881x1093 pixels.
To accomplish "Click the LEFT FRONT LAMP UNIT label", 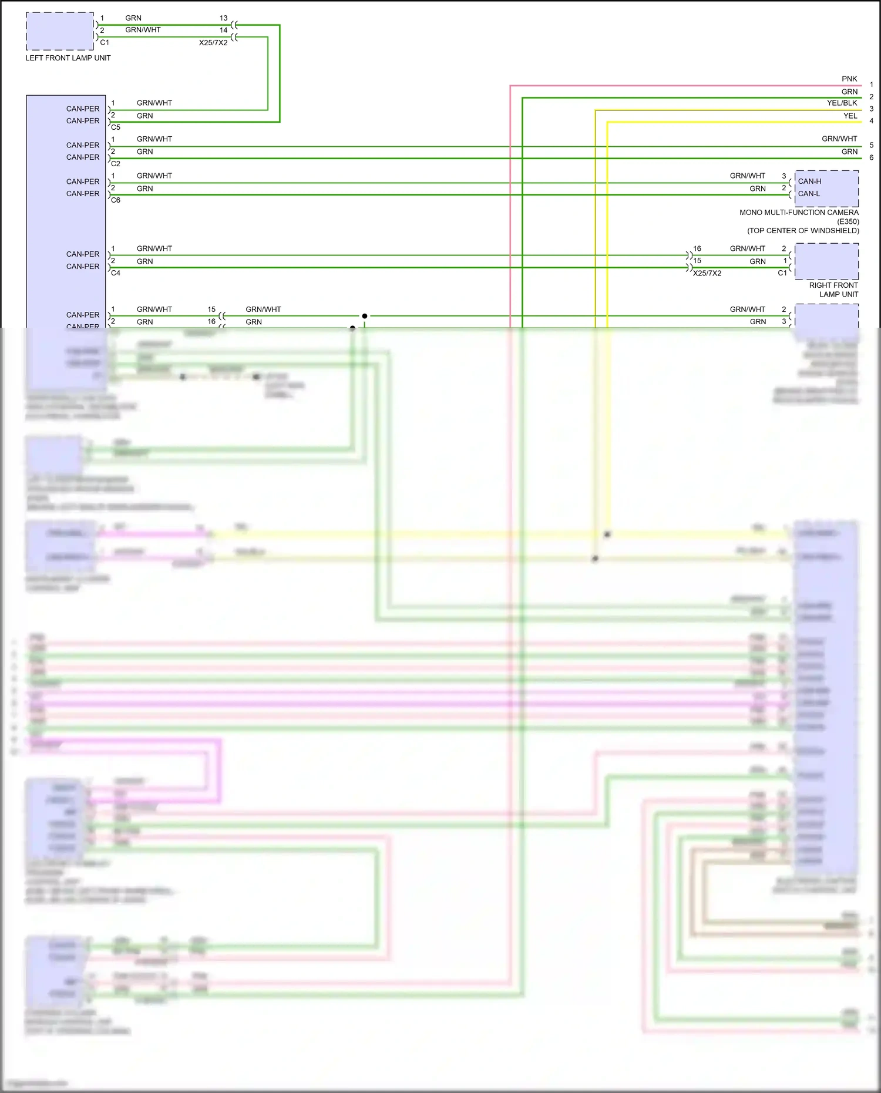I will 68,58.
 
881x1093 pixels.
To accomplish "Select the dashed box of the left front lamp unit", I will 59,31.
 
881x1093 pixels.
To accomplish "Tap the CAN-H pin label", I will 809,181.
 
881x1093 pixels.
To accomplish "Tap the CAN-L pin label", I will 809,194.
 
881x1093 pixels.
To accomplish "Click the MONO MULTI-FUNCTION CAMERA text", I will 799,213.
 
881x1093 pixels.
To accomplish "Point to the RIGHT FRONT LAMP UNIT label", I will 833,290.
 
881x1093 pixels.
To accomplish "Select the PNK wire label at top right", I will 849,79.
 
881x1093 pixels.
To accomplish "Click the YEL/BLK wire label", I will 842,103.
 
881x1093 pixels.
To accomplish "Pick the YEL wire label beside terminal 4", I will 850,116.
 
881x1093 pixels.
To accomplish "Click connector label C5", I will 116,127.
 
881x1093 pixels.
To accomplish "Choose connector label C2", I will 116,164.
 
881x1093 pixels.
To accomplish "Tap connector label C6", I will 116,200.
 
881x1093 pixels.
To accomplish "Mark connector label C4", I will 116,273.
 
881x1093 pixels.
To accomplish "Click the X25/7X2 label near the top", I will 213,43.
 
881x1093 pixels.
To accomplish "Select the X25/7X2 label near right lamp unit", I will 707,273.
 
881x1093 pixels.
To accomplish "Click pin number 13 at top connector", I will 223,18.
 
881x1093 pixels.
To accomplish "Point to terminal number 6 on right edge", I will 871,157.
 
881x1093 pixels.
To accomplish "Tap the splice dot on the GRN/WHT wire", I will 365,316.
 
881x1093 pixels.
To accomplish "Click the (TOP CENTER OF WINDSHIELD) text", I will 803,231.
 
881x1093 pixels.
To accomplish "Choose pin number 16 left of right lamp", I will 697,249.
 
